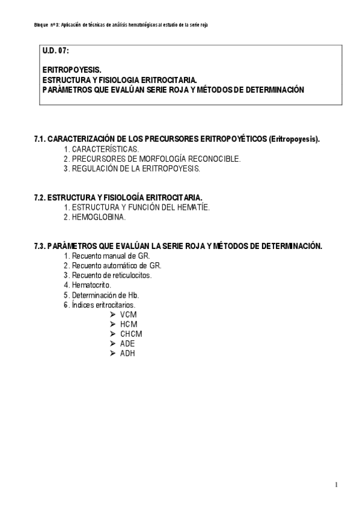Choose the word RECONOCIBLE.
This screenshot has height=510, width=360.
coord(213,159)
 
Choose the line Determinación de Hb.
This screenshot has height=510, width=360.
coord(105,295)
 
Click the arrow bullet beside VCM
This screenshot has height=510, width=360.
coord(112,315)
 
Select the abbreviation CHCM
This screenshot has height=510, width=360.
coord(131,334)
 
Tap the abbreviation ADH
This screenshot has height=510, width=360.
coord(127,354)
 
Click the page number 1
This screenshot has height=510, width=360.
coord(337,485)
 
